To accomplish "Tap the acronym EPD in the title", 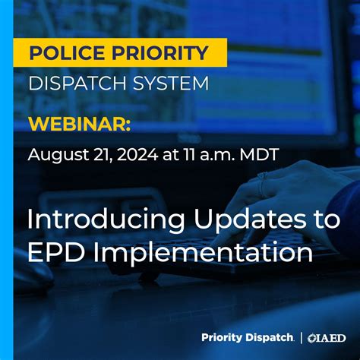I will tap(53, 251).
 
